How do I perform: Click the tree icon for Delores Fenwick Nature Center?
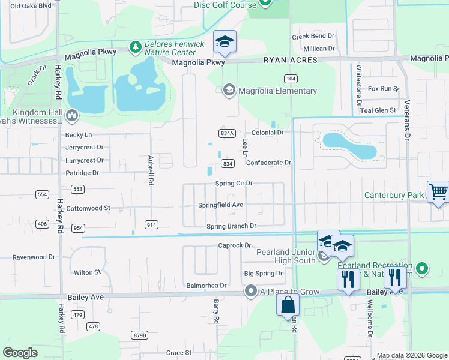click(136, 46)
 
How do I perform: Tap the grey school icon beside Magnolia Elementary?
click(228, 91)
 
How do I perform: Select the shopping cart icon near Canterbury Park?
click(438, 192)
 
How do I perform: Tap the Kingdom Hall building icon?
click(71, 114)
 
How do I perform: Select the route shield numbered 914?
click(151, 224)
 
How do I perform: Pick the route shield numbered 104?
click(291, 79)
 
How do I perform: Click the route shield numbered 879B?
click(139, 334)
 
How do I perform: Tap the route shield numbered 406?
click(42, 224)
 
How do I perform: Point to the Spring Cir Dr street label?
click(234, 183)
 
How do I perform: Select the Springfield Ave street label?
click(220, 205)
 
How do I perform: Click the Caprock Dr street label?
click(234, 245)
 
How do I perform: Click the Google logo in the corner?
click(20, 352)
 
